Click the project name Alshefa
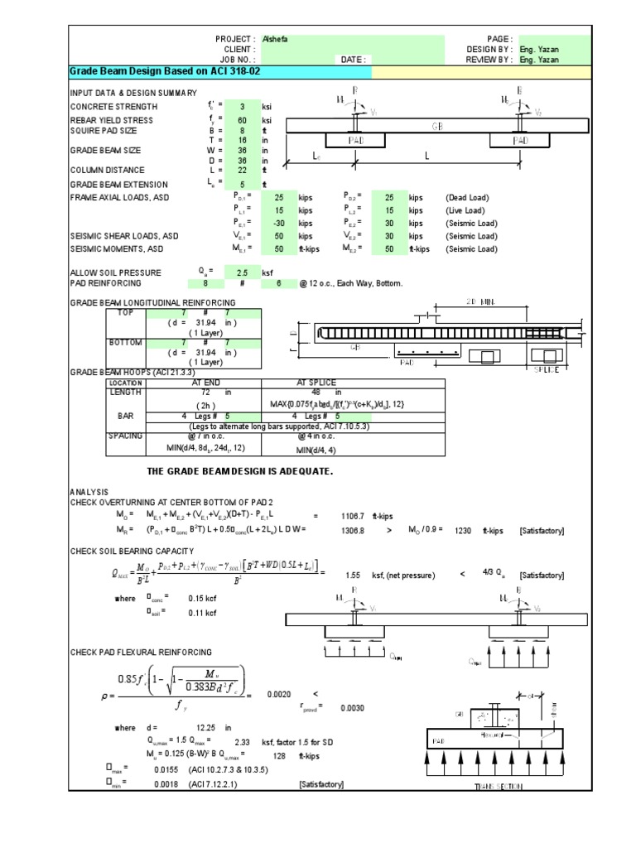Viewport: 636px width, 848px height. [x=276, y=39]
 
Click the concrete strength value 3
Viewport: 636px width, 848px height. [x=243, y=107]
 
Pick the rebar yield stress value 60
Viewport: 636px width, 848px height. [x=243, y=120]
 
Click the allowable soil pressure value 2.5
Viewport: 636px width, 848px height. [x=243, y=272]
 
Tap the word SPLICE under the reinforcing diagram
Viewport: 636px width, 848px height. [x=546, y=369]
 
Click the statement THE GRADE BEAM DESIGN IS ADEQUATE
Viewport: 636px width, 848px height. [x=239, y=471]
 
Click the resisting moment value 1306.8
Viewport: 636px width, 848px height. [x=354, y=529]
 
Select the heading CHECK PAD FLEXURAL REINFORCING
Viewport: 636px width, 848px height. [x=141, y=652]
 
